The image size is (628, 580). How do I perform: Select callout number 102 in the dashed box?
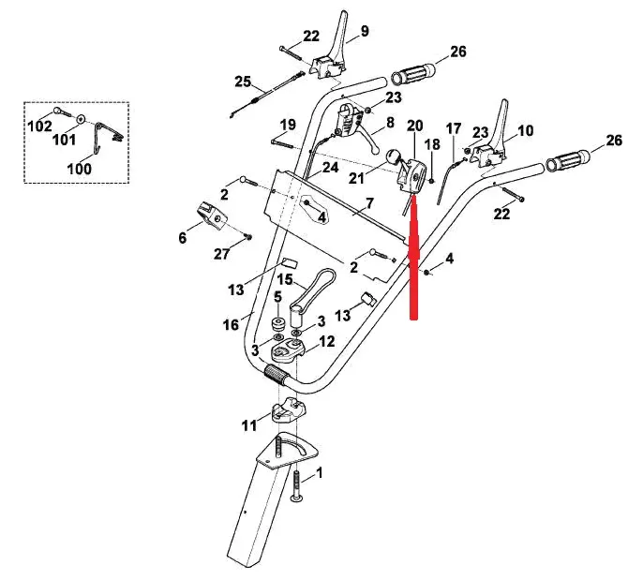39,126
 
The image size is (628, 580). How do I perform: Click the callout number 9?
365,31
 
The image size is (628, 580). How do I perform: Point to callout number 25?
244,81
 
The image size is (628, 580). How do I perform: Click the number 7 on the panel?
369,203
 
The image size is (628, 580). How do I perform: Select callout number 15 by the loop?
283,279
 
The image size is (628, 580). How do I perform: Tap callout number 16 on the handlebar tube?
230,324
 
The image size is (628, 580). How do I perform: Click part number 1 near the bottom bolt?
320,475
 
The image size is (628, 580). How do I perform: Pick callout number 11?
247,426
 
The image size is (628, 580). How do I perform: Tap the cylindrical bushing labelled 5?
277,324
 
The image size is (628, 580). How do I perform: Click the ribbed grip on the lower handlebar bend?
277,376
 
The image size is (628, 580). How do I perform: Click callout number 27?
221,254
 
